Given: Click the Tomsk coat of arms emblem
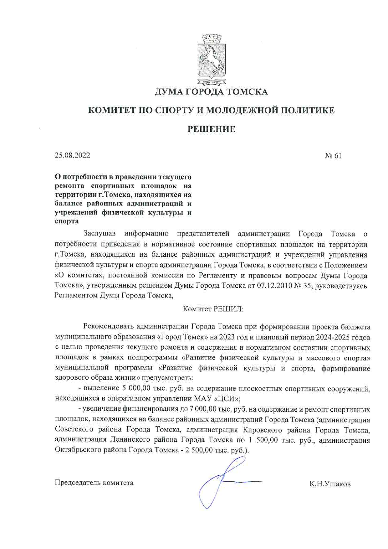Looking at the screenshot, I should click(x=212, y=61).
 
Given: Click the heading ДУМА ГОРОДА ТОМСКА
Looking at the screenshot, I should click(x=212, y=92).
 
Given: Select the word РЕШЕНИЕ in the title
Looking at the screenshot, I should click(x=212, y=129).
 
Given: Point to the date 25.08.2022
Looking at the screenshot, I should click(x=72, y=155).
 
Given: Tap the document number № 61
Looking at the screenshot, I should click(x=333, y=156).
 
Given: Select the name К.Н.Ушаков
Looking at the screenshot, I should click(x=330, y=484).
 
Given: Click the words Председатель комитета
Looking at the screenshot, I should click(x=94, y=483).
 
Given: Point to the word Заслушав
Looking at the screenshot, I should click(x=100, y=234).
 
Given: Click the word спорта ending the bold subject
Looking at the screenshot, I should click(x=67, y=221).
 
